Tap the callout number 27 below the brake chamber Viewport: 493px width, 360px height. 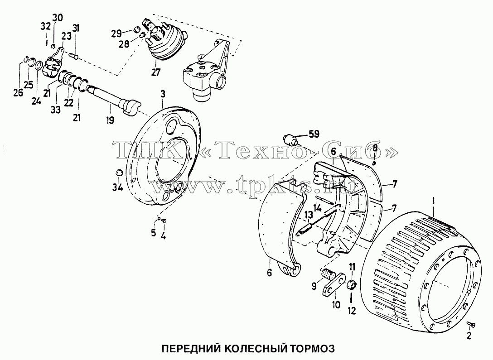click(155, 72)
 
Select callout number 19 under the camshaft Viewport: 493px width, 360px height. click(110, 120)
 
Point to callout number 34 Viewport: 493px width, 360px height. click(117, 187)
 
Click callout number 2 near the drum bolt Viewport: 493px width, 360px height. click(469, 336)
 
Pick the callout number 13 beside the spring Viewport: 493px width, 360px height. click(309, 215)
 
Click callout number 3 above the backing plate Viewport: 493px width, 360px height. click(163, 94)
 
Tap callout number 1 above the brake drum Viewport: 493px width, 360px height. click(434, 200)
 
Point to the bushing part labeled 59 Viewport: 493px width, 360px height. click(290, 139)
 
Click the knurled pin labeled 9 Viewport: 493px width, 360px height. click(328, 274)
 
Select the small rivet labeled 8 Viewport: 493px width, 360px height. click(374, 163)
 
